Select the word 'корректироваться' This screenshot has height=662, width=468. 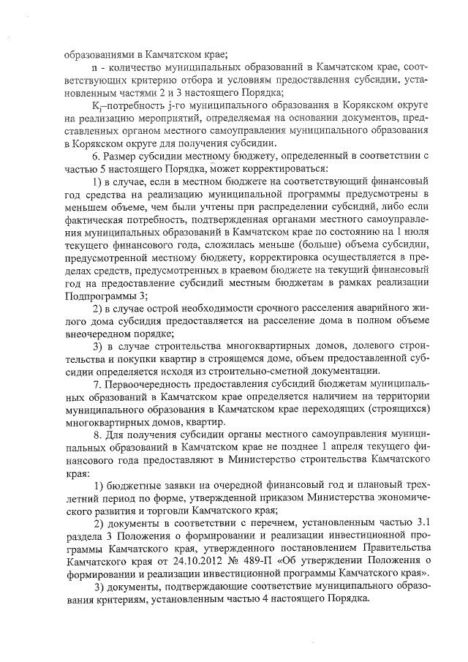click(287, 169)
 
